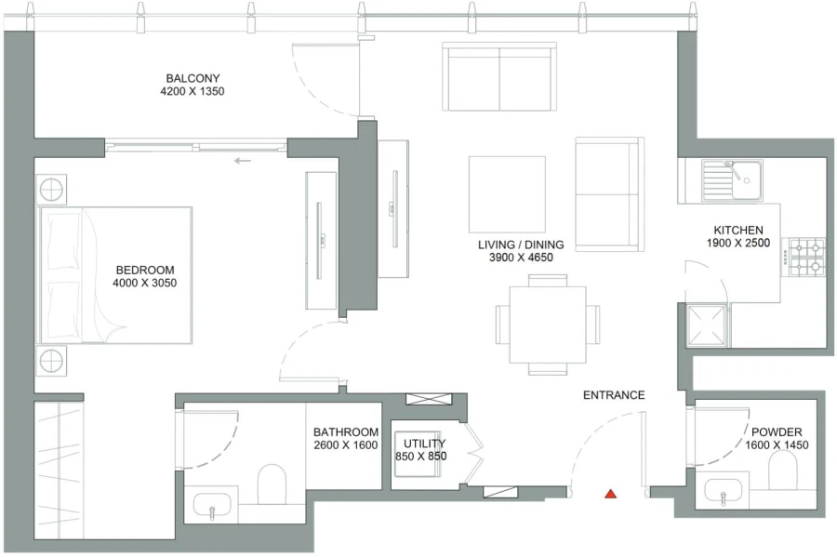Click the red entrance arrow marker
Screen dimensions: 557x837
[x=611, y=493]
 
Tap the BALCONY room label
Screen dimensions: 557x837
[x=193, y=78]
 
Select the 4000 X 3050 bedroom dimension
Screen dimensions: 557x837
[x=144, y=284]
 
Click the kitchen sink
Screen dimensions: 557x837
[x=732, y=179]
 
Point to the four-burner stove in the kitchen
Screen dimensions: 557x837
[x=807, y=257]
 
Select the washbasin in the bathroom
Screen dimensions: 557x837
[x=213, y=507]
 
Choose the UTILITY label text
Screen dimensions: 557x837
[x=424, y=444]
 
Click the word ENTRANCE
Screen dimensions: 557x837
[x=614, y=395]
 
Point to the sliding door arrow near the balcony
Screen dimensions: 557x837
[x=243, y=161]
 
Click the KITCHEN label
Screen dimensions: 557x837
[x=738, y=231]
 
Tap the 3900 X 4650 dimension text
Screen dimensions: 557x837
[x=521, y=258]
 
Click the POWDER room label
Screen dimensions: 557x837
[x=777, y=431]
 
